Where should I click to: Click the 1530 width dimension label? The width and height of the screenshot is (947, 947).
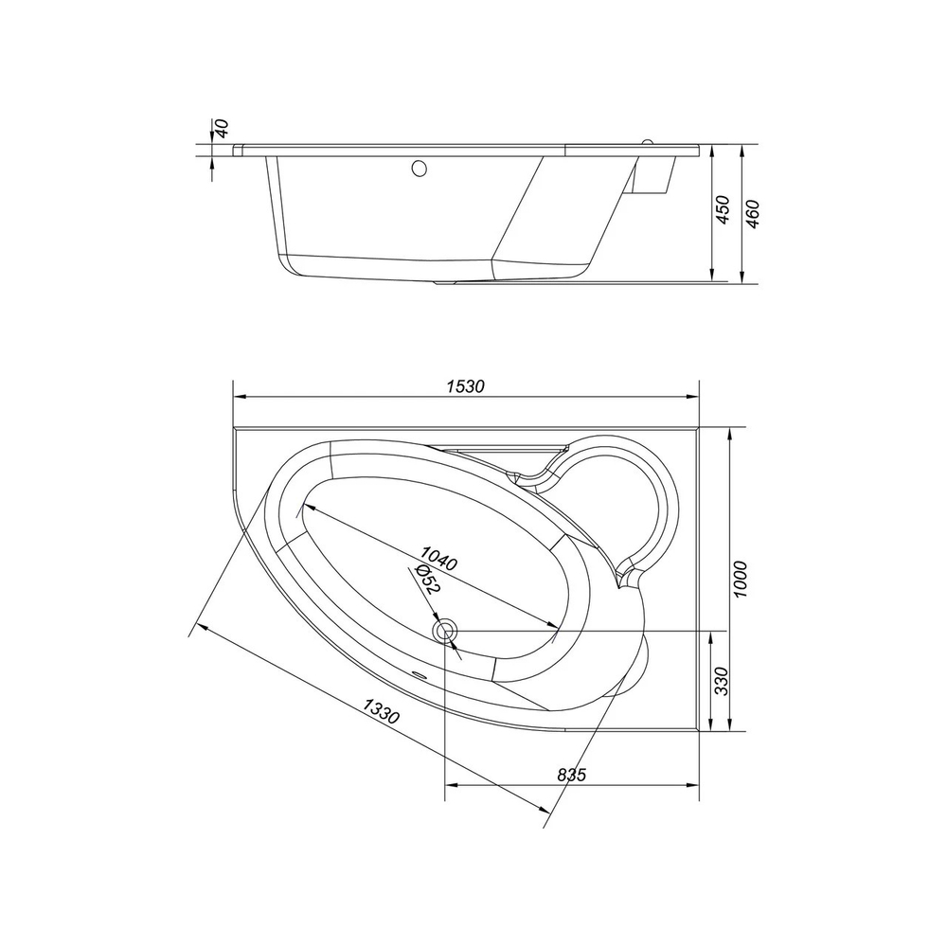click(x=466, y=386)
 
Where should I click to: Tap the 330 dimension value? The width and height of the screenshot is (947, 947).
click(x=721, y=681)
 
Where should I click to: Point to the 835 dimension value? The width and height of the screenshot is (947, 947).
click(x=572, y=775)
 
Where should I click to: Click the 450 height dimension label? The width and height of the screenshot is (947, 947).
click(x=721, y=209)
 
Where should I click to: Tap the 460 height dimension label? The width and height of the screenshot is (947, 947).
click(x=752, y=214)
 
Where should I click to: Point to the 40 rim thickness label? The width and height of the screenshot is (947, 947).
click(x=223, y=129)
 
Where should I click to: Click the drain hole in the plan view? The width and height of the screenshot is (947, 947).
click(x=445, y=630)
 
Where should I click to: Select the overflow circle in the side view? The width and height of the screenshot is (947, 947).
click(x=418, y=170)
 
